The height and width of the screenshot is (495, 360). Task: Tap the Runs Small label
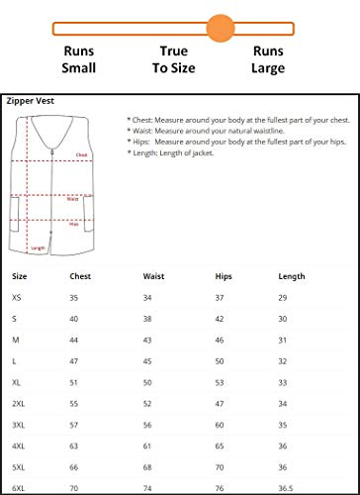coord(79,58)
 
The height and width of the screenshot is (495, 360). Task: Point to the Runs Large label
coord(268,58)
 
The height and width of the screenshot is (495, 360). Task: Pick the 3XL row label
coord(20,425)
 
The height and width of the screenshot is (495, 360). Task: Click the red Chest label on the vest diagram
coord(81,155)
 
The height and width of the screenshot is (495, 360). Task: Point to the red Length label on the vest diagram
coord(38,247)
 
